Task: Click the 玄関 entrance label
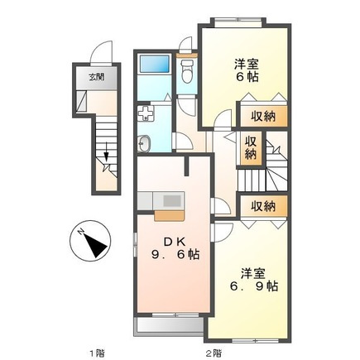pyautogui.click(x=96, y=77)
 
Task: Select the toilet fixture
pyautogui.click(x=187, y=71)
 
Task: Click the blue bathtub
pyautogui.click(x=155, y=65)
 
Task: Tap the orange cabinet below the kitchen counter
pyautogui.click(x=169, y=215)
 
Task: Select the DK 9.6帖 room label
pyautogui.click(x=175, y=248)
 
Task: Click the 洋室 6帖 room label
pyautogui.click(x=247, y=71)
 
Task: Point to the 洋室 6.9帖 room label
pyautogui.click(x=254, y=281)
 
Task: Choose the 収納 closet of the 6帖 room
pyautogui.click(x=263, y=117)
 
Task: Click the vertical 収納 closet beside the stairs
pyautogui.click(x=251, y=149)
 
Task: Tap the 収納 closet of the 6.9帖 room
pyautogui.click(x=263, y=206)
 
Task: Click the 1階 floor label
pyautogui.click(x=96, y=353)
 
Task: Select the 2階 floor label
pyautogui.click(x=214, y=353)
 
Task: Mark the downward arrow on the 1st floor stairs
pyautogui.click(x=107, y=151)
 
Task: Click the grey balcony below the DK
pyautogui.click(x=169, y=325)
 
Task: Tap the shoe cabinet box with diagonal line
pyautogui.click(x=82, y=101)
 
